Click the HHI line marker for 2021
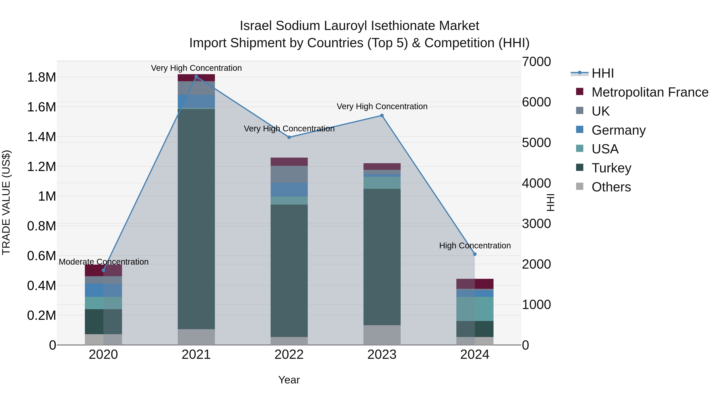(x=196, y=77)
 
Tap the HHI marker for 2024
(x=475, y=254)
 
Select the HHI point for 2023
(x=382, y=115)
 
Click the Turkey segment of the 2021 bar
(x=196, y=218)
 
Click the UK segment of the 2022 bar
(x=289, y=174)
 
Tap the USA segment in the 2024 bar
(x=475, y=309)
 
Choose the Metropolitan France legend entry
(x=650, y=92)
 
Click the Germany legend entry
(x=619, y=130)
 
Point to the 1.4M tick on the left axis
(x=41, y=137)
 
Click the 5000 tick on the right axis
(x=536, y=143)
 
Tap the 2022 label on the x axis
(x=289, y=355)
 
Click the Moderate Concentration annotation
(x=103, y=262)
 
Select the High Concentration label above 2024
(x=475, y=246)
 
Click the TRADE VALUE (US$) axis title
(x=6, y=202)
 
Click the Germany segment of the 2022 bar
(x=289, y=190)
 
